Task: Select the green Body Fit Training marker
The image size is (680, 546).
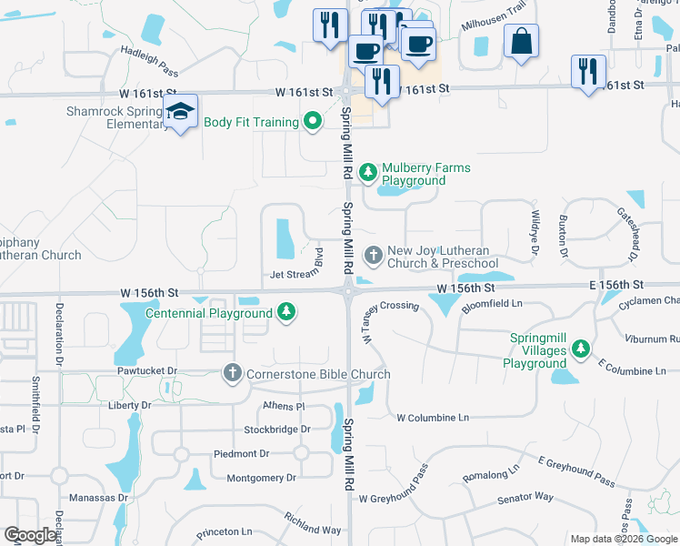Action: coord(313,122)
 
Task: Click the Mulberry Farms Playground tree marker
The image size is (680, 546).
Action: coord(368,170)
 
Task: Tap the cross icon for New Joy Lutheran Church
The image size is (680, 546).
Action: coord(373,254)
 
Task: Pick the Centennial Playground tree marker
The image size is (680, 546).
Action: coord(287,313)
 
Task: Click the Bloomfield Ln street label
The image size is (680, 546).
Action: coord(493,303)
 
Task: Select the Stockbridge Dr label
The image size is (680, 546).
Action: coord(276,429)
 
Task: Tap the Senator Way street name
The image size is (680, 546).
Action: coord(525,498)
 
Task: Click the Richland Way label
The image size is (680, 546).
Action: coord(312,522)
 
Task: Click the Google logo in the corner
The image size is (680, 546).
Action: coord(30,535)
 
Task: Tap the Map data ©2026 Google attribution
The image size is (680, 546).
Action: coord(623,539)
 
